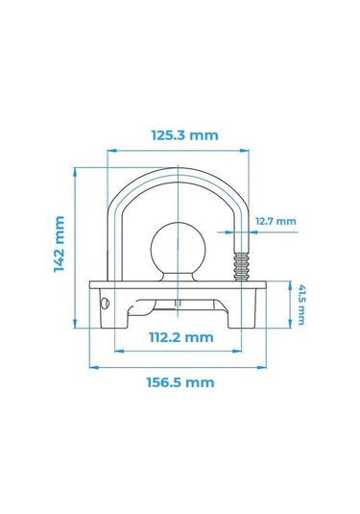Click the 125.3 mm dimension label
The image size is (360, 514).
tap(184, 135)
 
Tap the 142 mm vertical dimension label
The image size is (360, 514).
tap(60, 244)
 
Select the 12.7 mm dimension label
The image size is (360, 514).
tap(276, 221)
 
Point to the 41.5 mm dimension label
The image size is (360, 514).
tap(301, 305)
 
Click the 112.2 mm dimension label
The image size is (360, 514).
tap(181, 337)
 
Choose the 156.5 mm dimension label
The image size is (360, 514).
tap(180, 382)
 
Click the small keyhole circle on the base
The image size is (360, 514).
tap(105, 304)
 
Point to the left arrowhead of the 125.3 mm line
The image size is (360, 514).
tap(112, 151)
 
